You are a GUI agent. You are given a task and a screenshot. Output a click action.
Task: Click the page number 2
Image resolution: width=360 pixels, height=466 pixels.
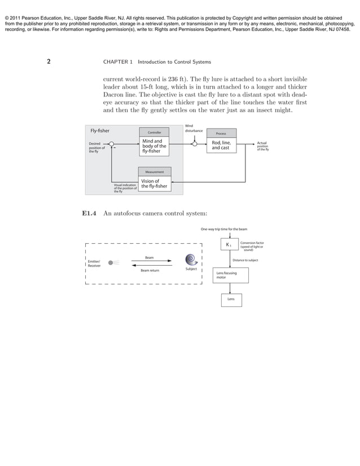point(49,61)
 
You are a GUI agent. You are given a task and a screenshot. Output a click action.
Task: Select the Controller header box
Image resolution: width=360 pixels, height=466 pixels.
point(154,133)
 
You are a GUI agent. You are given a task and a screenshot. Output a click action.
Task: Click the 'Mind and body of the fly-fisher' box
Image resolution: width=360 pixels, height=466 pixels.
point(154,146)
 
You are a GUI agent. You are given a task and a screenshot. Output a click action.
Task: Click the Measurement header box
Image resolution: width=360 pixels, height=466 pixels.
point(155,172)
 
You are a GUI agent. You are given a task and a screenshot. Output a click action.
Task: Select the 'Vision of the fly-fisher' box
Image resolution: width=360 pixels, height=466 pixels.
point(154,183)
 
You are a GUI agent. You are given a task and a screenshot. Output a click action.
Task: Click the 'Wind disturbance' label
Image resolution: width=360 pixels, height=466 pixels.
point(193,128)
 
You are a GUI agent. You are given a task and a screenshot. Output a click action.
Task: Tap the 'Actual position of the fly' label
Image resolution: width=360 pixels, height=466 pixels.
point(263,147)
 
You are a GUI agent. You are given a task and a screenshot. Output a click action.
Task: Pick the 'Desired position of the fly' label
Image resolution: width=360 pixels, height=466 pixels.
point(96,148)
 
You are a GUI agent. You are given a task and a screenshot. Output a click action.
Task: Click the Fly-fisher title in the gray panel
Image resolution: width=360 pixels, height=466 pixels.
point(100,131)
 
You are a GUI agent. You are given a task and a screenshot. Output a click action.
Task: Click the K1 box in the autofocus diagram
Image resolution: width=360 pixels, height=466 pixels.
point(229,245)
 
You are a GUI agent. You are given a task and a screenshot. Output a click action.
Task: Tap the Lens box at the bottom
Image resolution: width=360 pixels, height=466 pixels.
point(231,299)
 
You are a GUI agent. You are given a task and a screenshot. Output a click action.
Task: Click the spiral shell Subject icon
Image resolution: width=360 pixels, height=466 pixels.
point(192,260)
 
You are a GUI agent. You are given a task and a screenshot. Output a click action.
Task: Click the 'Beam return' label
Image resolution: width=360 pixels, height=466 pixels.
point(150,270)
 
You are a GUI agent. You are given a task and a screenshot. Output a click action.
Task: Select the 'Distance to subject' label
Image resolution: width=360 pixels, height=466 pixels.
point(245,260)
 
